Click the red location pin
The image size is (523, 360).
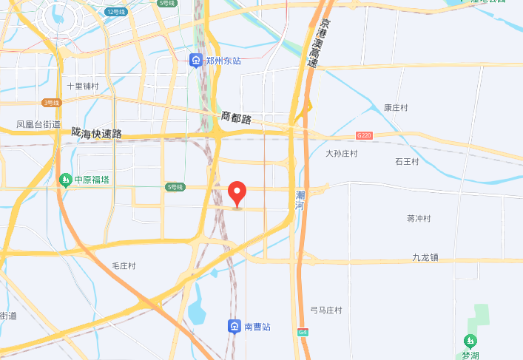tap(237, 194)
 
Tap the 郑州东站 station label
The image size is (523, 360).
tap(224, 61)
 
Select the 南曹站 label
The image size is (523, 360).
tap(258, 326)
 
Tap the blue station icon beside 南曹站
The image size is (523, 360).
tap(234, 326)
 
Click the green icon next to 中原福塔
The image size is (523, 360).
tap(66, 180)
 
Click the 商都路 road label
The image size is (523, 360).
tap(237, 117)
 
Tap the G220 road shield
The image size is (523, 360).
tap(363, 136)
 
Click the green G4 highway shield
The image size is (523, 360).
tap(303, 332)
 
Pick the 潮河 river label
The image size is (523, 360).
tap(300, 200)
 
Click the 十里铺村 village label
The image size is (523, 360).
tap(82, 86)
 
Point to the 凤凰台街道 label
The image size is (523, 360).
tap(38, 124)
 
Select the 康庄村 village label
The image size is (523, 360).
tap(397, 107)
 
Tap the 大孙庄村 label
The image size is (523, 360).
tap(342, 154)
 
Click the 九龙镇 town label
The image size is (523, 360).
tap(425, 257)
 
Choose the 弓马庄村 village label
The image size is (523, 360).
tap(326, 310)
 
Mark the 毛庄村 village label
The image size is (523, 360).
tap(124, 265)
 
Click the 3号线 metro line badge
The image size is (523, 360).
tap(51, 103)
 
